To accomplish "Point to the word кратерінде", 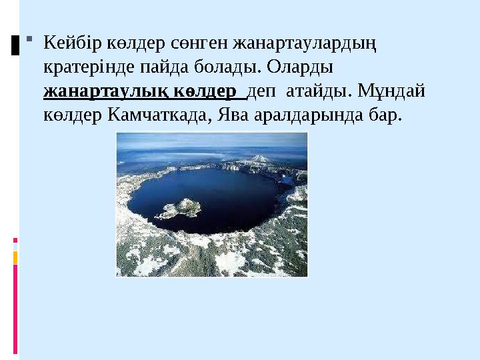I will point(83,67).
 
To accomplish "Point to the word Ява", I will point(236,115).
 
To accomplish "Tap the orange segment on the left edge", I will point(15,257).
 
